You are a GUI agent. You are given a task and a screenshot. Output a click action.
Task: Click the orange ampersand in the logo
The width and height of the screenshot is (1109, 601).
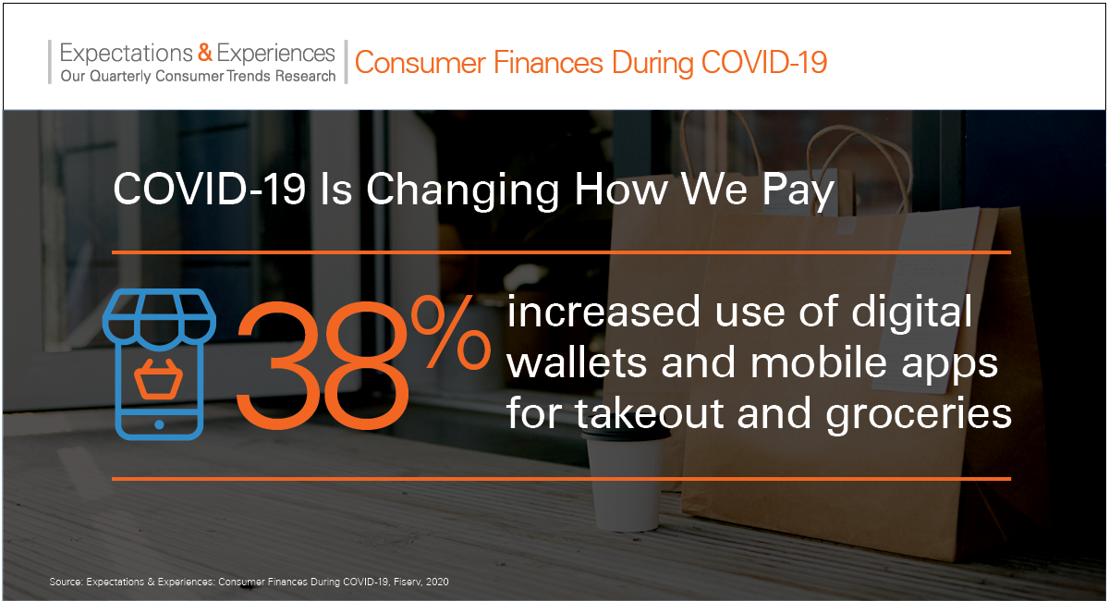(x=205, y=53)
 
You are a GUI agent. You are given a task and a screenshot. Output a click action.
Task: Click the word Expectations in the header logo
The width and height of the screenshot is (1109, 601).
(x=126, y=54)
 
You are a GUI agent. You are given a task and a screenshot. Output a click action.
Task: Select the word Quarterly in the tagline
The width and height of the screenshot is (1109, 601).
(x=120, y=77)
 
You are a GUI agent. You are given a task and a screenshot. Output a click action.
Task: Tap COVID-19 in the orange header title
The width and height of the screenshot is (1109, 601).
(x=764, y=63)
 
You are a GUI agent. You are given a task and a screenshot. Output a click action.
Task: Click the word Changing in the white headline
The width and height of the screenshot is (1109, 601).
(x=462, y=190)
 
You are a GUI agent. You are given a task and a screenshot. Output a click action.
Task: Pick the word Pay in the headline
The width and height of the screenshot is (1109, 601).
(x=798, y=190)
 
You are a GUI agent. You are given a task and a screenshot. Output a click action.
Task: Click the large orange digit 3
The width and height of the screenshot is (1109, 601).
(x=278, y=364)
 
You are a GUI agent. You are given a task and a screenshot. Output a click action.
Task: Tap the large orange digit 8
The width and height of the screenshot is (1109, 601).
(x=366, y=364)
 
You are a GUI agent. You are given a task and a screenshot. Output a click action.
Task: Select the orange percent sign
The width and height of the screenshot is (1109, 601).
(x=451, y=332)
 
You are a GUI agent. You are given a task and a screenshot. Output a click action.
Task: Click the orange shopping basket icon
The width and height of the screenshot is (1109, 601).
(x=159, y=379)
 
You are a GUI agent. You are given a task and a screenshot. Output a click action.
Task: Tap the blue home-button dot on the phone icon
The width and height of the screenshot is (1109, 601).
(x=159, y=424)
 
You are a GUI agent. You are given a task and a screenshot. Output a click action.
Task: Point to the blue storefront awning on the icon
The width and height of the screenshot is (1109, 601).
(x=159, y=316)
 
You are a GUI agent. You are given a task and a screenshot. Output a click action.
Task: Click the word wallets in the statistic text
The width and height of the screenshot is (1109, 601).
(x=578, y=362)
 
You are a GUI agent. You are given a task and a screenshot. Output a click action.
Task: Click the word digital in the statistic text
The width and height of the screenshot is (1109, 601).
(x=912, y=313)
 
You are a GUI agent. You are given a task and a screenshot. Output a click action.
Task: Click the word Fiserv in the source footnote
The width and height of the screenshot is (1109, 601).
(x=408, y=582)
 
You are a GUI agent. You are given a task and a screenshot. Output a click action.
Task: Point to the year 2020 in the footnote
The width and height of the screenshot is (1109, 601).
(x=437, y=582)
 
